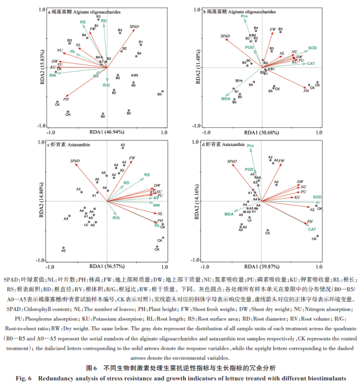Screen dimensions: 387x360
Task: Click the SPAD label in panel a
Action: click(135, 26)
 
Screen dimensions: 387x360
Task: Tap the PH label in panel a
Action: click(66, 99)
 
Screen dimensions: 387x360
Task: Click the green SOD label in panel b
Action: click(312, 48)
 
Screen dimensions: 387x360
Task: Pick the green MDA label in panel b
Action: click(224, 98)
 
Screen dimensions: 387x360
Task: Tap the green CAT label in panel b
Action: click(310, 64)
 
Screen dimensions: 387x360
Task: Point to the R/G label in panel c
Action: click(116, 218)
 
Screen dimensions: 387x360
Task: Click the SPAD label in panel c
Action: click(76, 161)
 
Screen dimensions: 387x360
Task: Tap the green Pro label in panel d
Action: click(250, 146)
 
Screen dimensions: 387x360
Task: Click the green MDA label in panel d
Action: click(229, 214)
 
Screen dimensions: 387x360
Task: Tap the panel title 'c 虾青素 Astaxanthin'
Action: click(66, 145)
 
